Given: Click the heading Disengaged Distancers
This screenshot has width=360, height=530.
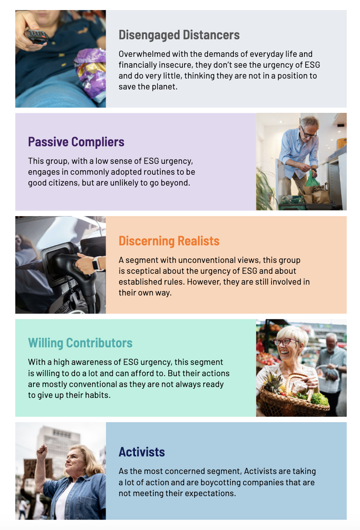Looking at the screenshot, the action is pyautogui.click(x=179, y=35).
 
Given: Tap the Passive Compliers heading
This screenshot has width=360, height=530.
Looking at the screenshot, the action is pyautogui.click(x=76, y=142).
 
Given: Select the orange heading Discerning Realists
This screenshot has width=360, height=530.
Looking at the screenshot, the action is pyautogui.click(x=169, y=241).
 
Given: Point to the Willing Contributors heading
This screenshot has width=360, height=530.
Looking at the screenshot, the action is pyautogui.click(x=80, y=343).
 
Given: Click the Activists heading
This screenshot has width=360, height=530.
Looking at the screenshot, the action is pyautogui.click(x=142, y=452).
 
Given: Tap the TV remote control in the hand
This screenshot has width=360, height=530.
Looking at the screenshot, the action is pyautogui.click(x=36, y=36).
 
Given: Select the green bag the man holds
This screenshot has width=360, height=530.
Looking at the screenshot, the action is pyautogui.click(x=312, y=179).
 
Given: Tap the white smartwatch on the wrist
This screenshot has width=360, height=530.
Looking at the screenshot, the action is pyautogui.click(x=96, y=263).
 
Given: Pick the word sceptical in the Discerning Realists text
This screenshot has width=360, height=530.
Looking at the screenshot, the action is pyautogui.click(x=144, y=271).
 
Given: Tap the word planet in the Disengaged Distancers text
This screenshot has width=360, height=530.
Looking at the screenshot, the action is pyautogui.click(x=165, y=87).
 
